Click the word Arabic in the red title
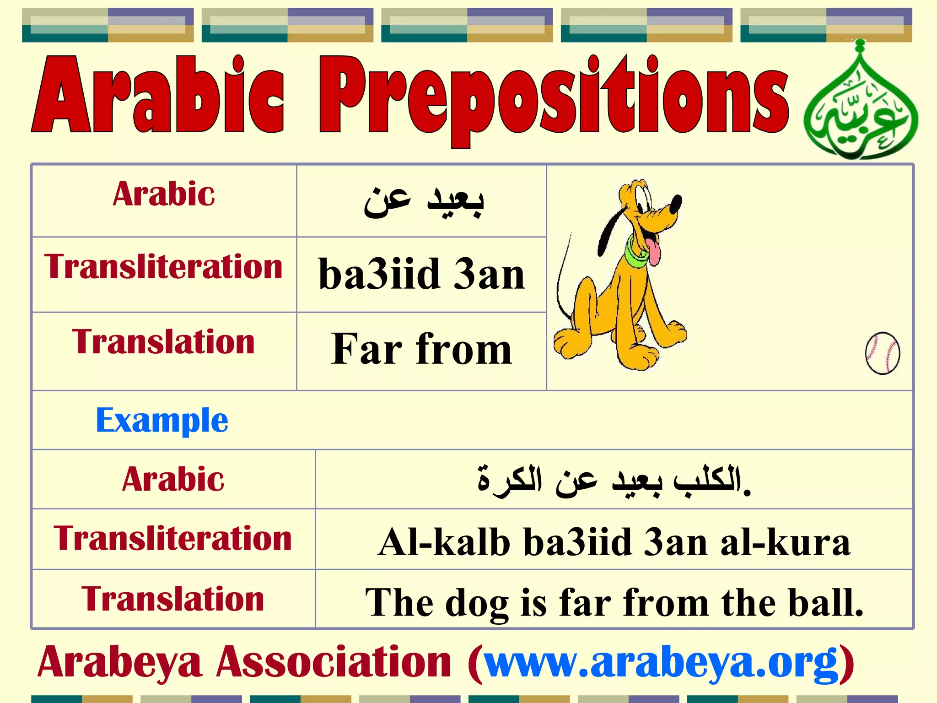pos(158,96)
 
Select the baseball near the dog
pos(883,353)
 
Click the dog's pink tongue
pos(655,254)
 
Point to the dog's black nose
pos(676,203)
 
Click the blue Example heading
pos(162,420)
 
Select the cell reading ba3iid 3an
pos(421,275)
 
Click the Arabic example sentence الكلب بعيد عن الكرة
pos(613,481)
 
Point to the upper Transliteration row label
pos(163,267)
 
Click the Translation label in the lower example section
pos(173,600)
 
